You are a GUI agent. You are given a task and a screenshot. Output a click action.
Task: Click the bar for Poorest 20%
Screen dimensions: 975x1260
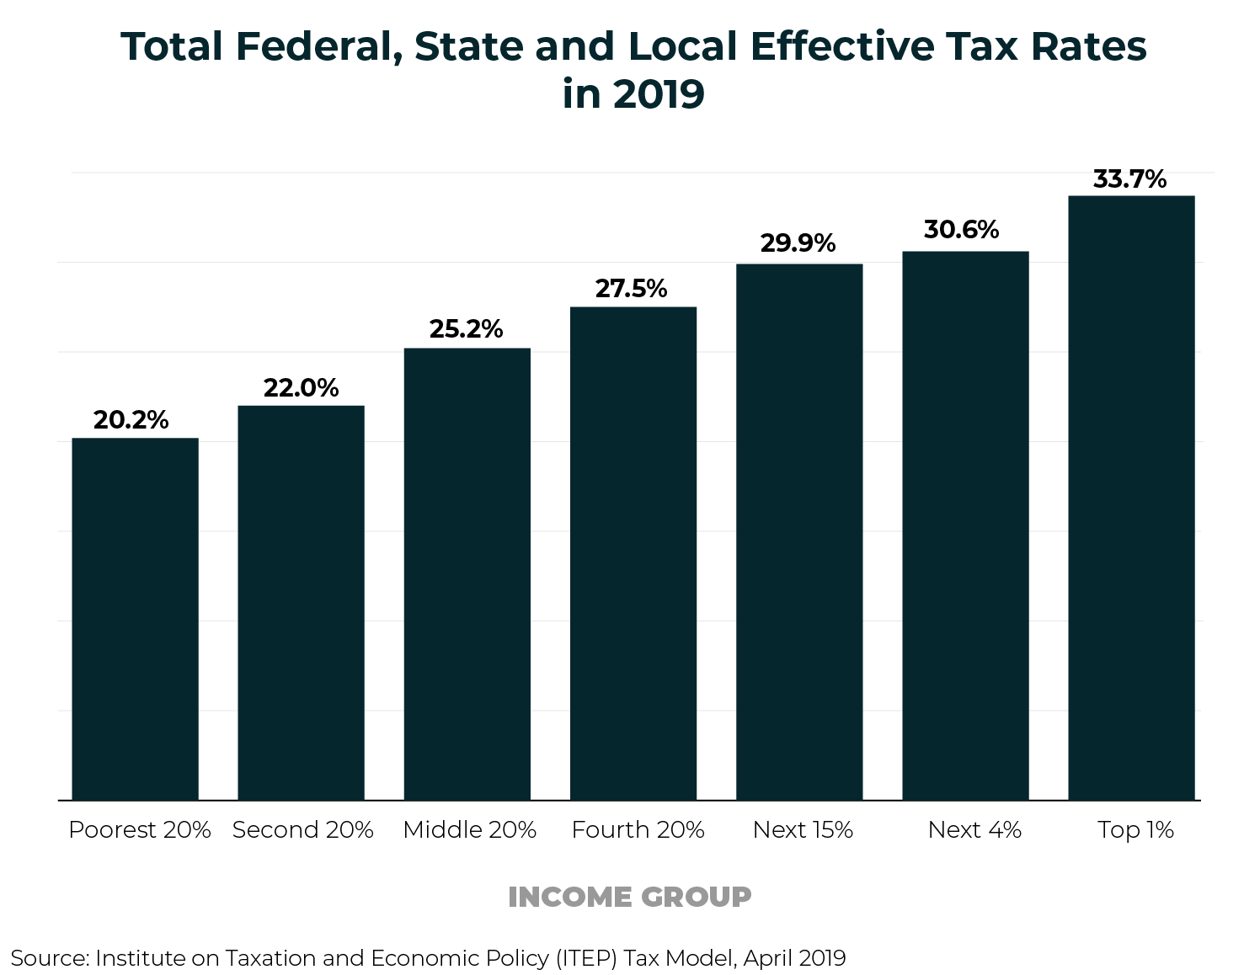click(135, 619)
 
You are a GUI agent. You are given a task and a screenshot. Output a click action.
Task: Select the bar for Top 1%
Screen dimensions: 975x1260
click(1131, 498)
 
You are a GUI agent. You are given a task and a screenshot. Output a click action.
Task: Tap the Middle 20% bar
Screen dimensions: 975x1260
click(467, 573)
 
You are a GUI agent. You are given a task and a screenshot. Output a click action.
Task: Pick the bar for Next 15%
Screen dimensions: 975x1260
click(799, 531)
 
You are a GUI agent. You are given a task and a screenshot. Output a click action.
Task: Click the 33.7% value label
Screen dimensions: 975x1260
click(1129, 179)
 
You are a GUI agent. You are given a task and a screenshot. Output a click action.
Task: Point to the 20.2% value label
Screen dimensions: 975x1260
click(131, 420)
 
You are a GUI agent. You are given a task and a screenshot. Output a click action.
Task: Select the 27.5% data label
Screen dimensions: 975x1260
click(631, 289)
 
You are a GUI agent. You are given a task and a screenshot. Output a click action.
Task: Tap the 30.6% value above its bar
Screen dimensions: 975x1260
click(961, 230)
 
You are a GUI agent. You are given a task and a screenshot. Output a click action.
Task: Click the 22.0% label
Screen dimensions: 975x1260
click(301, 388)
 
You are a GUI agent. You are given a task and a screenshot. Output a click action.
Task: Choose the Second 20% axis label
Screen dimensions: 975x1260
click(302, 830)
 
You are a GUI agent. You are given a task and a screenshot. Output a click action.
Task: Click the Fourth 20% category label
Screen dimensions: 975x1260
click(638, 830)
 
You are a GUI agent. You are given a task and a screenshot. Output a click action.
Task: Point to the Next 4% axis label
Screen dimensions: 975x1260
click(974, 830)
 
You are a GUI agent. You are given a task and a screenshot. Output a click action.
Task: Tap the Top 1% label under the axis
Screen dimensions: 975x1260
click(1135, 830)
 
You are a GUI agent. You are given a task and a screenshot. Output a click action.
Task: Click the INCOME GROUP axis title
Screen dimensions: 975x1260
click(629, 898)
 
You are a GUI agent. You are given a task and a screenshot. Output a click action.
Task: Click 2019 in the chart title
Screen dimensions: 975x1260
click(658, 94)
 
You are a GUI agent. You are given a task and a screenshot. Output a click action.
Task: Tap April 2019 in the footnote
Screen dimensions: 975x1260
click(794, 958)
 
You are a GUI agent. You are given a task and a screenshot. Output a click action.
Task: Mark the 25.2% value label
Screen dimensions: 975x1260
click(466, 329)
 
